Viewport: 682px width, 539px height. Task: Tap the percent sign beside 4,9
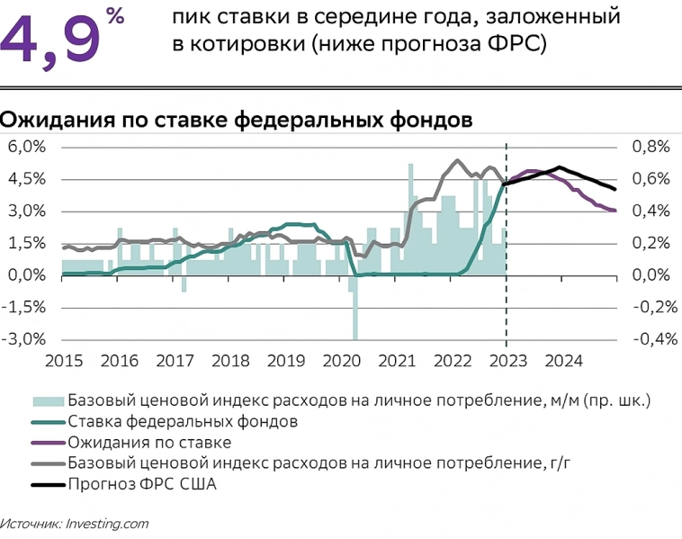pos(114,15)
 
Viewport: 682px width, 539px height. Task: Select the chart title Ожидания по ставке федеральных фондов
pos(235,120)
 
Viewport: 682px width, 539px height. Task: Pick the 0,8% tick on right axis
pos(651,147)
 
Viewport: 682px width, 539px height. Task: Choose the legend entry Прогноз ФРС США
pos(143,484)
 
